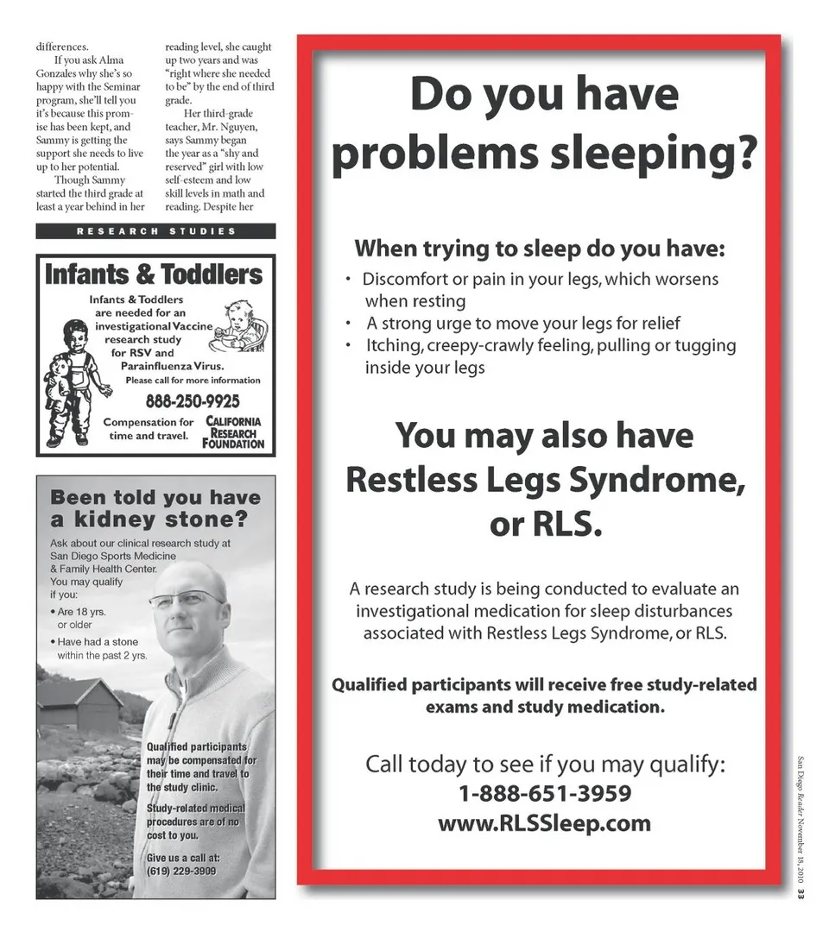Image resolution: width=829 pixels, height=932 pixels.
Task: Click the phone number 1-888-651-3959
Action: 544,793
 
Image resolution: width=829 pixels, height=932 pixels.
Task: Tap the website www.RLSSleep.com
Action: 544,823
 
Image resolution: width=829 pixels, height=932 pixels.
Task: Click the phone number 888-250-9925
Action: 192,401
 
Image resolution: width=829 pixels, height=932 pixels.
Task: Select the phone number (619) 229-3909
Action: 181,872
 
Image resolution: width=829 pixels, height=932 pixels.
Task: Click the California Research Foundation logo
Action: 233,431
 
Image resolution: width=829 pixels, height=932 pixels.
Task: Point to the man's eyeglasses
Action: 186,598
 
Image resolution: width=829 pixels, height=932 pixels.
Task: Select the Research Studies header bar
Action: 155,231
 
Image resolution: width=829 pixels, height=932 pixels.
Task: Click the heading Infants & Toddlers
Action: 154,275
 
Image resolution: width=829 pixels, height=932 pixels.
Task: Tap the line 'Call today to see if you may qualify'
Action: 544,765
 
